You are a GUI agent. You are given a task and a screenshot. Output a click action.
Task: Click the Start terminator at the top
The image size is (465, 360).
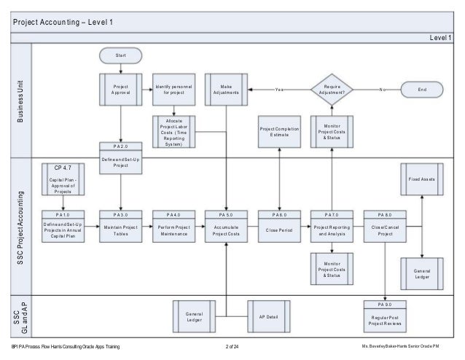pyautogui.click(x=121, y=55)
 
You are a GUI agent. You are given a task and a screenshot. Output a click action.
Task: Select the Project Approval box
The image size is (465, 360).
pyautogui.click(x=121, y=90)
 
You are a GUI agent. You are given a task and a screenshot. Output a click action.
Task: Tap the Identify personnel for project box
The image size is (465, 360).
pyautogui.click(x=173, y=90)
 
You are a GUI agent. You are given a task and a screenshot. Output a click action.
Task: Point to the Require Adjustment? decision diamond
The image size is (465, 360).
pyautogui.click(x=332, y=90)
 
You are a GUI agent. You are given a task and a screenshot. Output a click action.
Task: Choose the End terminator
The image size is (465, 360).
pyautogui.click(x=421, y=90)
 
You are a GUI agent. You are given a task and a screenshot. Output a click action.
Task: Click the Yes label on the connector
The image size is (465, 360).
pyautogui.click(x=279, y=90)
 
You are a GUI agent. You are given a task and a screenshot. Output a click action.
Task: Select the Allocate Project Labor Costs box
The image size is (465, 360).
pyautogui.click(x=173, y=131)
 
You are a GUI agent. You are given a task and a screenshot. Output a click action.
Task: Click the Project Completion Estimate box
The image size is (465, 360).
pyautogui.click(x=279, y=131)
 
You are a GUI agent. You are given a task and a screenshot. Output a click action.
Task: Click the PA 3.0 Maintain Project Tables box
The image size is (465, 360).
pyautogui.click(x=121, y=226)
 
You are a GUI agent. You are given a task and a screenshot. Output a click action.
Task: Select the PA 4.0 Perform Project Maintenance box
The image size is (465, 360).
pyautogui.click(x=173, y=226)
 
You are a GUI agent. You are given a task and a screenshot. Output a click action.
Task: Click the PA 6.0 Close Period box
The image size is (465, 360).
pyautogui.click(x=279, y=226)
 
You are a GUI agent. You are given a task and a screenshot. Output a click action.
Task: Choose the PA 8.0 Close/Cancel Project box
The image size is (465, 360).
pyautogui.click(x=385, y=226)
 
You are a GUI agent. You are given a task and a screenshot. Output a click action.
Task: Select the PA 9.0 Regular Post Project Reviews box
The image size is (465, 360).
pyautogui.click(x=385, y=315)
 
